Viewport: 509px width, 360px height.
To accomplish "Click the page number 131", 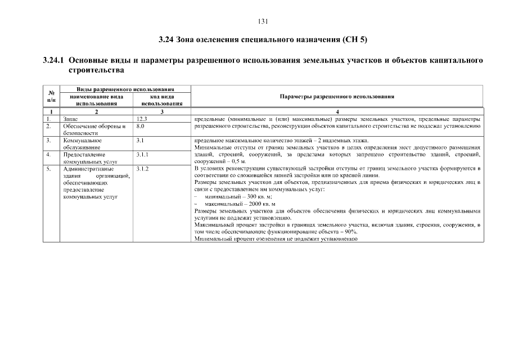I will point(263,21).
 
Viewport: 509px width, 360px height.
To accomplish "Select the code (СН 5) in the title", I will point(355,40).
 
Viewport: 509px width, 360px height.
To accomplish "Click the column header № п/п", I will point(51,96).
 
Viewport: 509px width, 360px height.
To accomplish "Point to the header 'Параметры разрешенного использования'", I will point(336,96).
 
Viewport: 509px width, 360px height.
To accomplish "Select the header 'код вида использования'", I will point(161,100).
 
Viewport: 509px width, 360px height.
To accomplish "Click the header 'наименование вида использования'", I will point(96,100).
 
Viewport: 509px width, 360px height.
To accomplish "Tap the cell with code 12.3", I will point(142,119).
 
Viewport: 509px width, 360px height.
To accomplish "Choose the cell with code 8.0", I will point(141,126).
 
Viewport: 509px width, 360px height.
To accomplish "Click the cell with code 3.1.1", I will point(142,154).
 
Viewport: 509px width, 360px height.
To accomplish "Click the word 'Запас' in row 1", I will point(71,119).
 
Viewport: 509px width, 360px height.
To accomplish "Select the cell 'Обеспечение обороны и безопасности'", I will point(94,129).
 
